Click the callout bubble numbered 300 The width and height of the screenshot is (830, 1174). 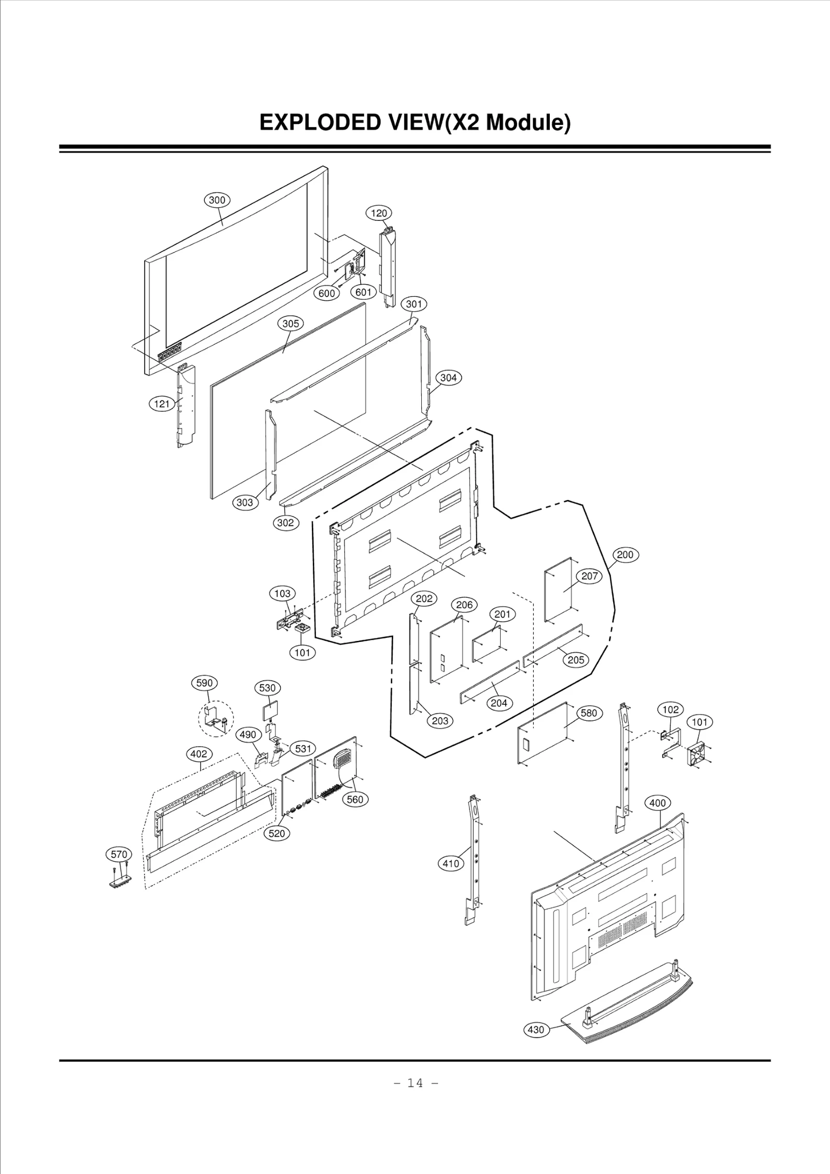217,200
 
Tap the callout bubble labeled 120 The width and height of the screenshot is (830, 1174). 379,213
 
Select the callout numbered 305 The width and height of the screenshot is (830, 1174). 290,324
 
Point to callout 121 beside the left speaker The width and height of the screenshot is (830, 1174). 162,404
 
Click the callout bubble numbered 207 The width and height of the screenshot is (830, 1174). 589,576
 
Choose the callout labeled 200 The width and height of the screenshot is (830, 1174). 625,555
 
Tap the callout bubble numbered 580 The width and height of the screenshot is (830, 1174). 589,713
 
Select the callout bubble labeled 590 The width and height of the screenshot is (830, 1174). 204,683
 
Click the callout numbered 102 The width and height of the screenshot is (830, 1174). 671,709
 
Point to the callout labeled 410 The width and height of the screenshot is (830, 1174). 451,863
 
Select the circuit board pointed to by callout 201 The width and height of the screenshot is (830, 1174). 487,644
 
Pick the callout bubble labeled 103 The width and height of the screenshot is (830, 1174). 282,593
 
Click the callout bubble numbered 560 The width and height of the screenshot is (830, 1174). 355,799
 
